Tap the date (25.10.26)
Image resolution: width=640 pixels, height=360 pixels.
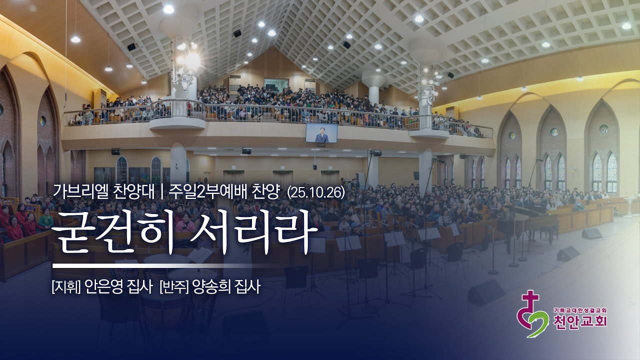316,193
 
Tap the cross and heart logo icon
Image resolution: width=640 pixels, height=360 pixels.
532,315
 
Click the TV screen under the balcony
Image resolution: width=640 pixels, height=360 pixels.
321,132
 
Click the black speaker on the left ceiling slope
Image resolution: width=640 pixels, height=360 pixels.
131,47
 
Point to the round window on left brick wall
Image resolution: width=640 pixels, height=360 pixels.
43,121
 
